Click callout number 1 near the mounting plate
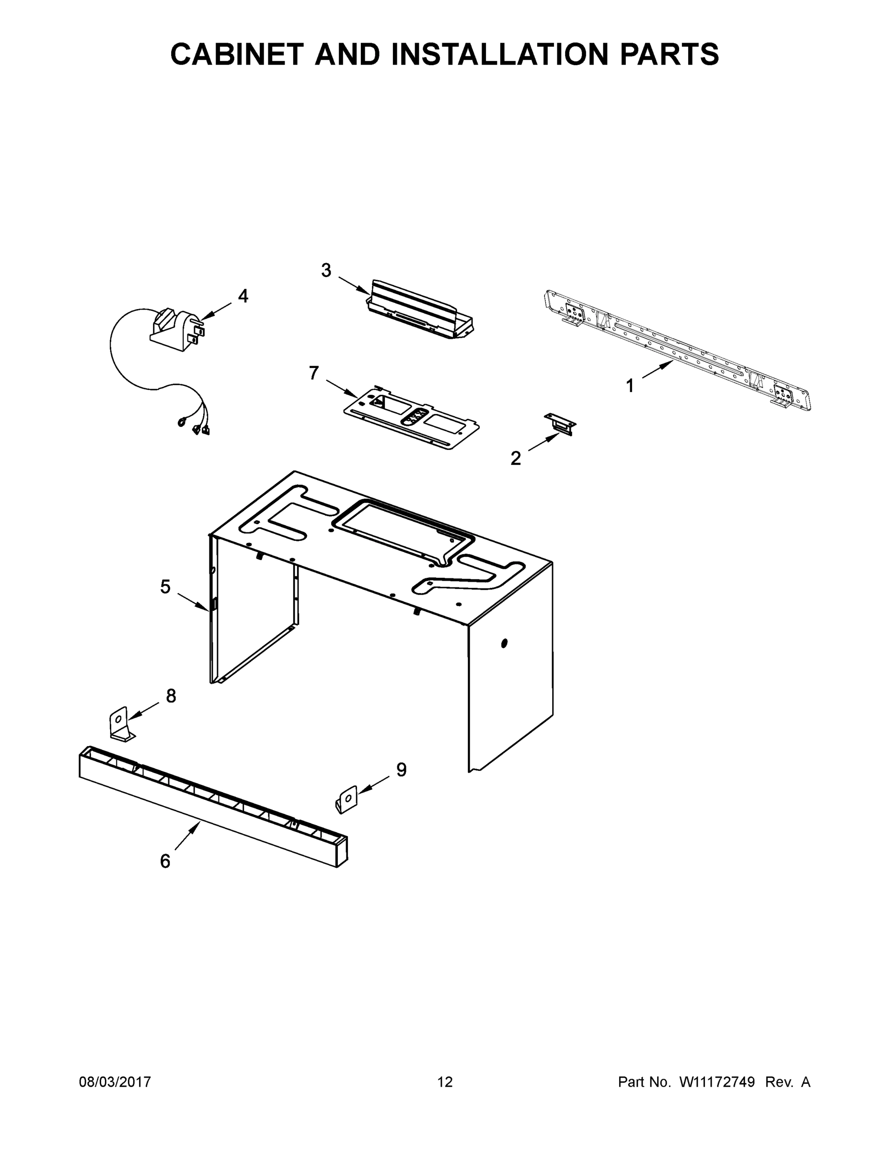[x=629, y=386]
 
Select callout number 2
[x=516, y=459]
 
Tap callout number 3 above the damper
[x=326, y=271]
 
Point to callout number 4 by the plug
[x=243, y=296]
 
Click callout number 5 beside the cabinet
[x=165, y=586]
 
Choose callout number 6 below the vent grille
[x=165, y=861]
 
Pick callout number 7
[x=314, y=373]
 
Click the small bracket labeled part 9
[x=346, y=799]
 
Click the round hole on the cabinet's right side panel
[x=504, y=643]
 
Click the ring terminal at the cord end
[x=182, y=421]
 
